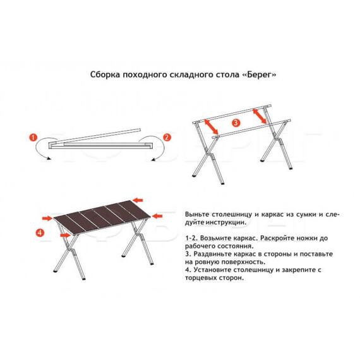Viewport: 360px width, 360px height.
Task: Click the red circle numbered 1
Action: tap(35, 136)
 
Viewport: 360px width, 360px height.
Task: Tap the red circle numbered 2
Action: tap(167, 136)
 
